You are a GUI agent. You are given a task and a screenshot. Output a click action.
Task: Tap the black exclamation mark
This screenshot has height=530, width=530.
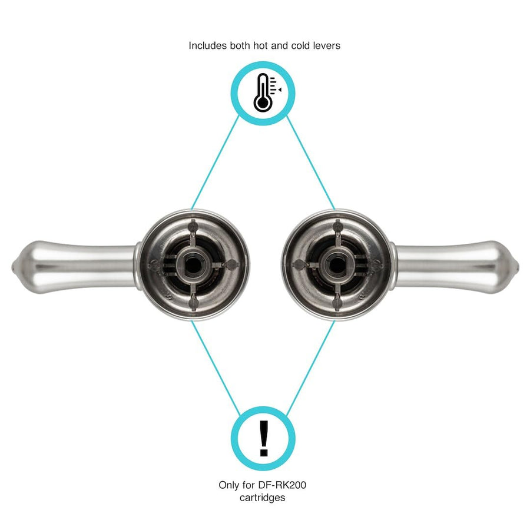(264, 438)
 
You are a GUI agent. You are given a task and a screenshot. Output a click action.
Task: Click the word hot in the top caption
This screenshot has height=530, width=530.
(260, 45)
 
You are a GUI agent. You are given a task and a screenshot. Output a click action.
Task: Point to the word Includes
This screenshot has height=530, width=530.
(207, 45)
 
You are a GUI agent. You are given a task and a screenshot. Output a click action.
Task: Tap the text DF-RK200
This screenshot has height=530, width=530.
(282, 485)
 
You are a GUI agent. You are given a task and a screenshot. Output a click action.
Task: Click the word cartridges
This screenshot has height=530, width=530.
(262, 498)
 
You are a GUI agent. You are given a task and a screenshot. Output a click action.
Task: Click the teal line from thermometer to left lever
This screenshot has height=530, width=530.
(216, 163)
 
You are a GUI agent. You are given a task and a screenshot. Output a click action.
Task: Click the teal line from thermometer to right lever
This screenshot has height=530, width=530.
(310, 163)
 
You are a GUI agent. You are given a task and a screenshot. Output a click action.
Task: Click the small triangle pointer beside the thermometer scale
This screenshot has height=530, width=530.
(280, 90)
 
